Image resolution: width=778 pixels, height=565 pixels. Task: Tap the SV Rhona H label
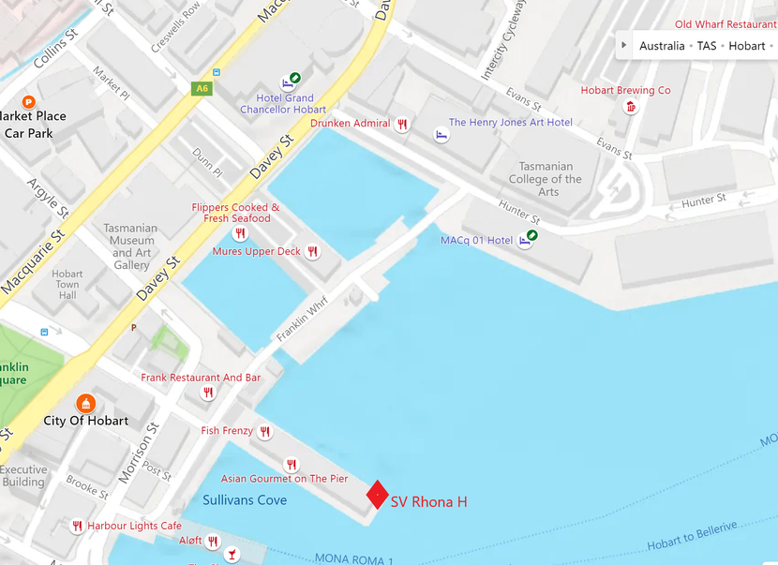(428, 502)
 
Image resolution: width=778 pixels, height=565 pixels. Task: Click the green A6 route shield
(201, 89)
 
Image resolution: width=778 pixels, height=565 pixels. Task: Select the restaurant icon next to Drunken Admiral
(402, 124)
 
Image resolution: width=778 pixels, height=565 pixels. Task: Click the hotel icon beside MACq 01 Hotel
(525, 240)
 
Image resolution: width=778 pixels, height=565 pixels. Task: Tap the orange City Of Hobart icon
(86, 403)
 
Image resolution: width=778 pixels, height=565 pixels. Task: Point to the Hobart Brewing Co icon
(630, 108)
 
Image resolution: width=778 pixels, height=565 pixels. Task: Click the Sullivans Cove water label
(245, 500)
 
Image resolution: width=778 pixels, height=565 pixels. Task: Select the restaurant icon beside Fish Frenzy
(265, 432)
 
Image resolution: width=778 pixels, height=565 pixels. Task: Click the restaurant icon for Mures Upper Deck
(313, 252)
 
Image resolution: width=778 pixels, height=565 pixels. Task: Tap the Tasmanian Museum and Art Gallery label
(131, 246)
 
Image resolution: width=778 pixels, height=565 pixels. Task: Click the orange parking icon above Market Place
(28, 101)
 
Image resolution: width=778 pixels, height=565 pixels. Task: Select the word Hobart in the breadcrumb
(746, 46)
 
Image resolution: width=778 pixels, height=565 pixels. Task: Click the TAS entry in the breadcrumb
(706, 46)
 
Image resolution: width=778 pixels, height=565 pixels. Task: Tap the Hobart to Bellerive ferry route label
(692, 535)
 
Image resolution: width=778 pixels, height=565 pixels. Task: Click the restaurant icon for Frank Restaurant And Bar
(208, 394)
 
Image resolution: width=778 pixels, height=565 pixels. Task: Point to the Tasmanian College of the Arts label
(546, 179)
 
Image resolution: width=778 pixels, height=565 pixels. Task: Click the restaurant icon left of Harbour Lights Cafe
(77, 527)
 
